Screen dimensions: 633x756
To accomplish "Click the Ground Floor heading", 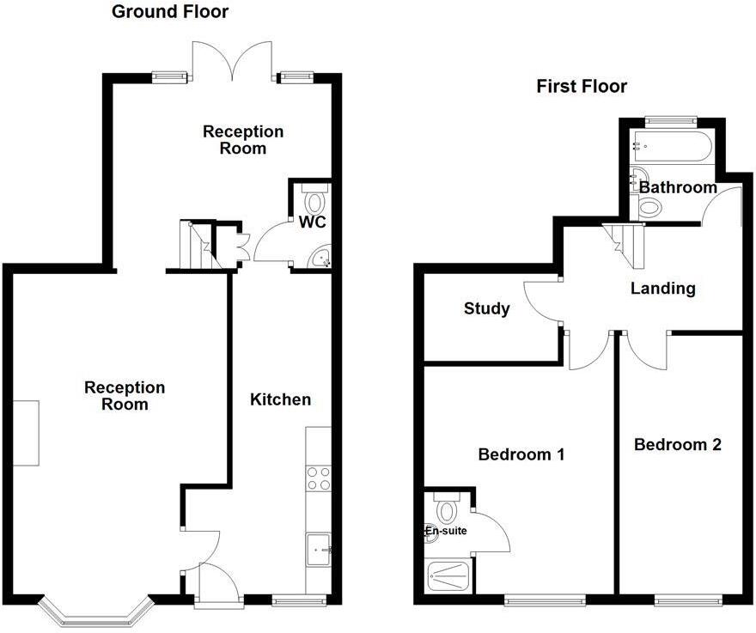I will point(170,12).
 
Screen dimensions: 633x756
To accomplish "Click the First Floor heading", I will point(582,87).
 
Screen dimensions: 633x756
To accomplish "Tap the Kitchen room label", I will point(280,399).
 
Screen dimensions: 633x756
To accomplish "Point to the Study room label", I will point(487,308).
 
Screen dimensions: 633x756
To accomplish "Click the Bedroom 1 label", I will point(521,453).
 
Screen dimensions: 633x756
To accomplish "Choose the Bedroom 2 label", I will point(677,444).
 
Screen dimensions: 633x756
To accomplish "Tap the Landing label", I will point(662,289).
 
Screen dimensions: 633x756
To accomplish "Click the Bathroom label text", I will point(678,187).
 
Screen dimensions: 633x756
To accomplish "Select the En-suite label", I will point(447,531).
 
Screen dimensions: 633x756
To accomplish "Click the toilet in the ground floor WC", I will point(315,201).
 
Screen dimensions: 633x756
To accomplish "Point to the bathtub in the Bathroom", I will point(671,148).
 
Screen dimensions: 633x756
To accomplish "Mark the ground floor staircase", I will point(198,244).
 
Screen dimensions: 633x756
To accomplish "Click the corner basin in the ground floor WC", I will point(321,257).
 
